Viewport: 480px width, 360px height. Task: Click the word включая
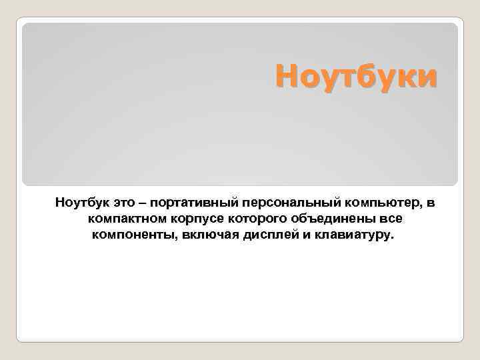(x=204, y=235)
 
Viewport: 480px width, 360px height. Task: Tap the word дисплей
(x=262, y=235)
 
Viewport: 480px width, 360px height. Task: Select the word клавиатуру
(x=353, y=235)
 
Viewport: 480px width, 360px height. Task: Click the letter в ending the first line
(x=430, y=201)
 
